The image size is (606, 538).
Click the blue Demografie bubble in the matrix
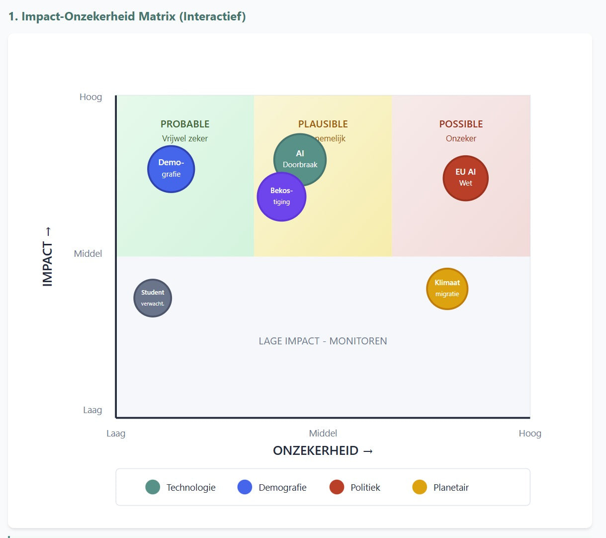pos(171,169)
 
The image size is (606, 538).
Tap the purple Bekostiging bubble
pos(281,197)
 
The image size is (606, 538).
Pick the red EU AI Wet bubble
pos(465,178)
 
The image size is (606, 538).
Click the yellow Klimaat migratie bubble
pos(447,289)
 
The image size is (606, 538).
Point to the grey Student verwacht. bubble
pos(153,298)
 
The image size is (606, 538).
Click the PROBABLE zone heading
pos(185,124)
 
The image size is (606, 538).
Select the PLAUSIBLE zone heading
pos(323,124)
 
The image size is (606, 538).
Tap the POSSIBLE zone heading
pos(461,124)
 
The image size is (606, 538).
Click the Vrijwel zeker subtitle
pos(185,138)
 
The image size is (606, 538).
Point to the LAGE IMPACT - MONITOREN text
pos(323,341)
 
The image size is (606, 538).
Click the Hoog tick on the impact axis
pos(90,97)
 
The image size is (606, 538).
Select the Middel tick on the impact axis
pos(88,253)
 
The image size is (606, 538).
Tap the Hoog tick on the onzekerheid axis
pos(530,433)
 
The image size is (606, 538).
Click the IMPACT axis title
pos(48,257)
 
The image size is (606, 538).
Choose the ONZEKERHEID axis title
pos(323,450)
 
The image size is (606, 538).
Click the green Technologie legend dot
pos(153,487)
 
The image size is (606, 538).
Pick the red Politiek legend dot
pos(337,487)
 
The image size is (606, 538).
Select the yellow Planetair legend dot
pos(420,487)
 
